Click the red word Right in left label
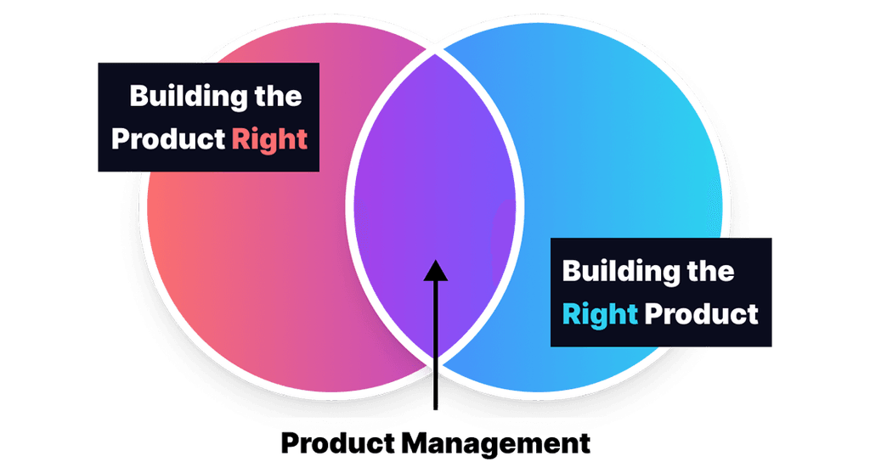pos(268,139)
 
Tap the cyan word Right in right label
pos(600,314)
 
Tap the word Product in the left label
pos(168,139)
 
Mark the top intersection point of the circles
pos(435,53)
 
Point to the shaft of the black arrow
pos(435,340)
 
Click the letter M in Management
pos(414,443)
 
